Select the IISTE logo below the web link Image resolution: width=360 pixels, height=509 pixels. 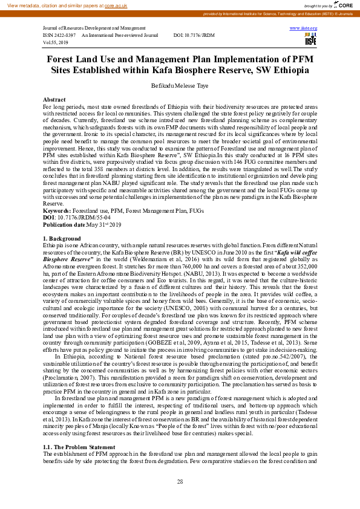(310, 39)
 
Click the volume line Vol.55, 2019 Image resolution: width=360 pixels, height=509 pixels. (56, 43)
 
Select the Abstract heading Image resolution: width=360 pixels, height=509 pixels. (54, 99)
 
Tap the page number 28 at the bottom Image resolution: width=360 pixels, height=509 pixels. (180, 481)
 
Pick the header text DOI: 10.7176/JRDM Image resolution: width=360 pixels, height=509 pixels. (194, 36)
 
